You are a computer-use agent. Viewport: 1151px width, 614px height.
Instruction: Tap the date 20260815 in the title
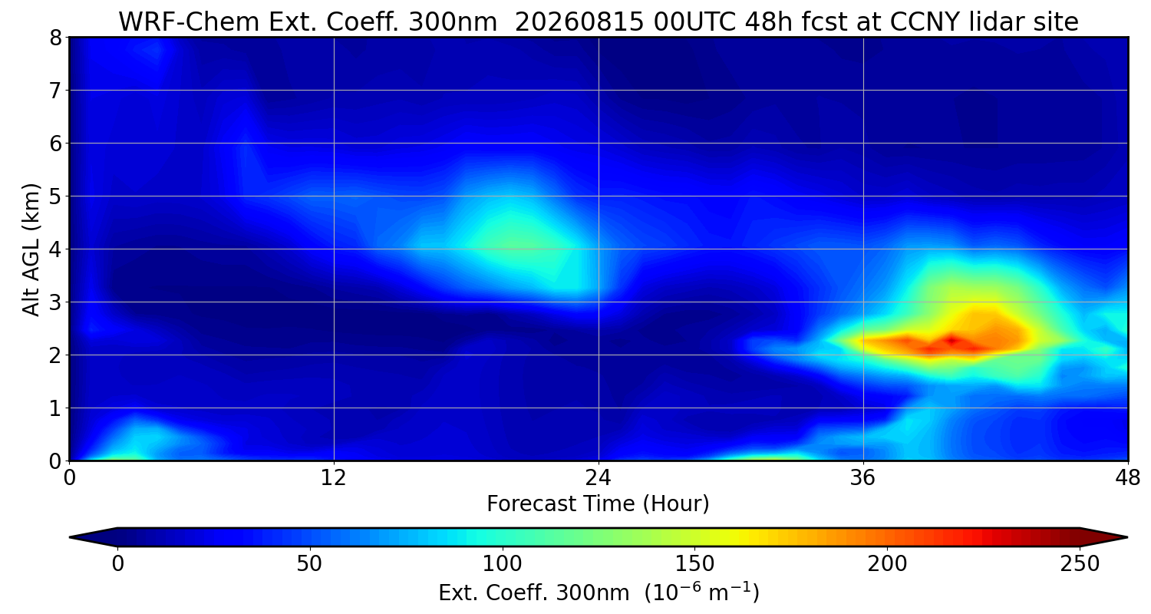[579, 22]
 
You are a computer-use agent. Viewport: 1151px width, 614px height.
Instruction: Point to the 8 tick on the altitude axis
[55, 38]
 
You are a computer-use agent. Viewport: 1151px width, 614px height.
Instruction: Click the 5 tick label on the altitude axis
[55, 196]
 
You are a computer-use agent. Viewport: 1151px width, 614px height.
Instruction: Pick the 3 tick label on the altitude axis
[55, 302]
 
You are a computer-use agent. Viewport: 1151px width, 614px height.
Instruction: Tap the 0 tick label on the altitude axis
[55, 461]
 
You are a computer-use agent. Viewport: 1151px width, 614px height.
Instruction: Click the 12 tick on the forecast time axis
[334, 478]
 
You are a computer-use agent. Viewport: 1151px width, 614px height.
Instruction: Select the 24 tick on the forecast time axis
[599, 478]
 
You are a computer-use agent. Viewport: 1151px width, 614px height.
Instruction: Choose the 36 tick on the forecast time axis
[862, 478]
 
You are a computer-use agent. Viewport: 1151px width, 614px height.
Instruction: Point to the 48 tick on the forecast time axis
[1128, 478]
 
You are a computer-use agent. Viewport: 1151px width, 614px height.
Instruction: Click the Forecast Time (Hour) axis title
[598, 504]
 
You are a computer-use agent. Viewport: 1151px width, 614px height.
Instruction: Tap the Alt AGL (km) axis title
[31, 249]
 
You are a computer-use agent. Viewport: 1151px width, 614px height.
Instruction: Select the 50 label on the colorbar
[309, 564]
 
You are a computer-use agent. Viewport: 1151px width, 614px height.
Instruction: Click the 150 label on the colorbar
[694, 564]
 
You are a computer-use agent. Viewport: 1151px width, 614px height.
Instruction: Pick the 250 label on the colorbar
[1080, 564]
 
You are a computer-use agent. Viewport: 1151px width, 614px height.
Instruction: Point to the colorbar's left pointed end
[71, 537]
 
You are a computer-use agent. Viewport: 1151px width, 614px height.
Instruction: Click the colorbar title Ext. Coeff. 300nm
[534, 593]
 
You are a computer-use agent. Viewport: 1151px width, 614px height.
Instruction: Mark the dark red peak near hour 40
[952, 340]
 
